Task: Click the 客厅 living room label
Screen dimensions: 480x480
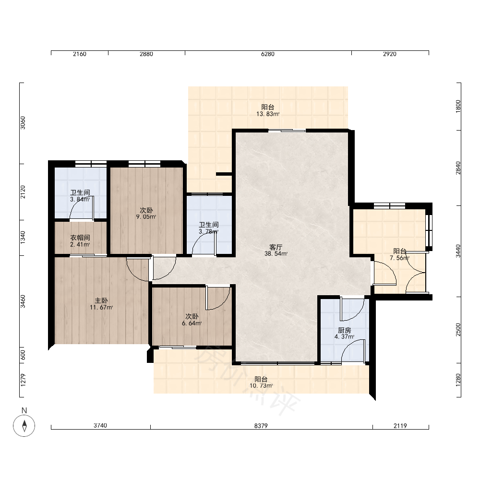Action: (x=276, y=247)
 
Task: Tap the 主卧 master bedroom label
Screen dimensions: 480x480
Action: (x=101, y=301)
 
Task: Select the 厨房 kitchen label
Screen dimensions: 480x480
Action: (x=344, y=331)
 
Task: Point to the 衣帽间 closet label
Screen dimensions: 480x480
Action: (x=80, y=238)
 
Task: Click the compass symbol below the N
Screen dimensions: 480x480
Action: (x=24, y=425)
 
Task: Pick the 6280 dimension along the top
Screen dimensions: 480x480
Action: (x=267, y=54)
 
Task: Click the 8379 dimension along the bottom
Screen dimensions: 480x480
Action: (x=261, y=426)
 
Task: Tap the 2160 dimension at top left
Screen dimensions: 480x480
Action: (x=80, y=54)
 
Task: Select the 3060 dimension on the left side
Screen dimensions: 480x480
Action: (x=23, y=123)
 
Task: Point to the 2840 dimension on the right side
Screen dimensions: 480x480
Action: (x=458, y=168)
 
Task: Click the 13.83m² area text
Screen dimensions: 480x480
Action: (x=268, y=114)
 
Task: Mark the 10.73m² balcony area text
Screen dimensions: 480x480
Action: (x=261, y=386)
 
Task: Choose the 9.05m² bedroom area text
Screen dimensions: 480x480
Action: (x=146, y=217)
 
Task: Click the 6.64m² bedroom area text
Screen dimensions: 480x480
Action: (x=192, y=323)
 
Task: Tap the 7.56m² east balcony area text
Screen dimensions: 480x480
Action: (x=399, y=258)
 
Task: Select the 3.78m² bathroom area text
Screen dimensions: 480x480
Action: (x=209, y=232)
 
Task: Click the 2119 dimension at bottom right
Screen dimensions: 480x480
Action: (x=400, y=426)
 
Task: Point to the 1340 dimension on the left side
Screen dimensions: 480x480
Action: (x=23, y=238)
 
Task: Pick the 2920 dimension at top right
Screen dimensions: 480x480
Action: (x=389, y=54)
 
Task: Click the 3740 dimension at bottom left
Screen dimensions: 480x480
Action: (x=100, y=426)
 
